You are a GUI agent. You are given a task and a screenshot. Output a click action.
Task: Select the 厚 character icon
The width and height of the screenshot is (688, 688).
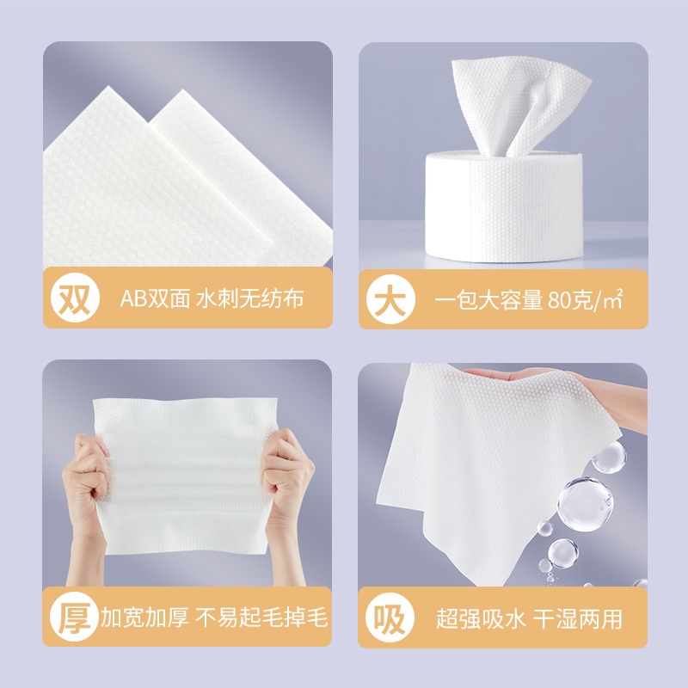pyautogui.click(x=74, y=617)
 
